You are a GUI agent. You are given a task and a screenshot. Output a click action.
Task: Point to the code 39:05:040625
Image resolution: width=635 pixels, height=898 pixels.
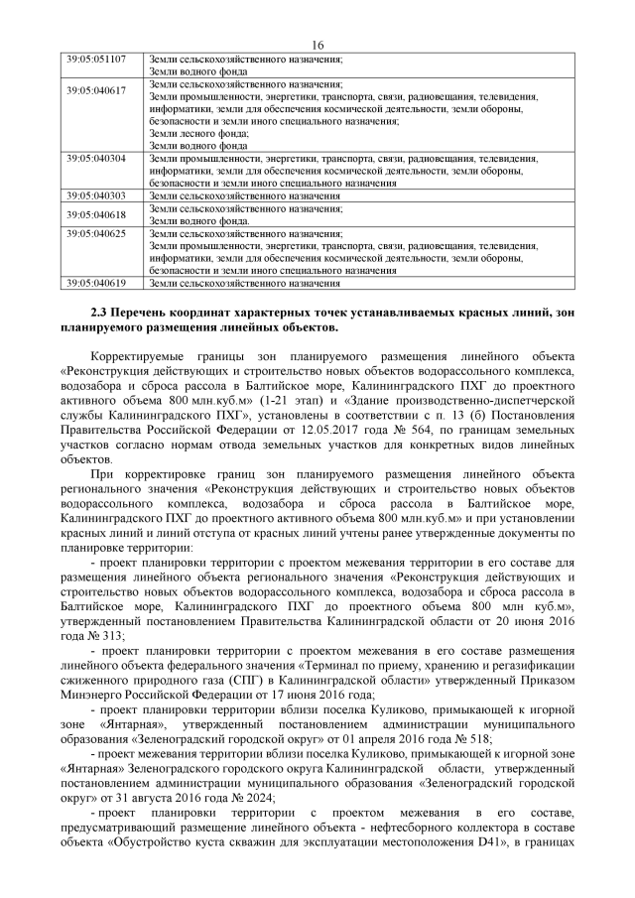coord(95,233)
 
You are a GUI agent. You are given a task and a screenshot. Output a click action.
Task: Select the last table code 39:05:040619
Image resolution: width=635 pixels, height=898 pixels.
coord(95,283)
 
